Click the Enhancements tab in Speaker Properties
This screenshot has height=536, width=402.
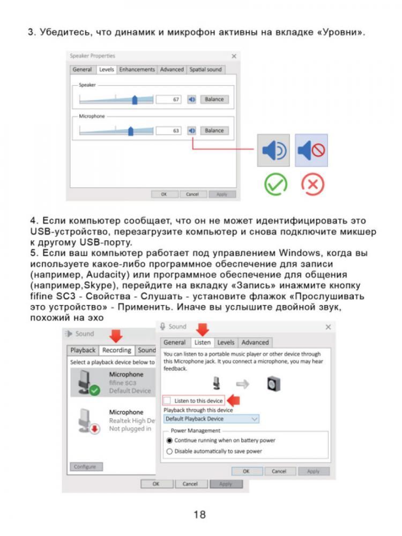click(x=137, y=70)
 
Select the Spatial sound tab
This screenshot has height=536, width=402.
click(x=206, y=70)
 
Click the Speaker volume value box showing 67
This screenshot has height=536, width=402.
click(x=169, y=100)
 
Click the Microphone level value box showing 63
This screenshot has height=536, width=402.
click(x=169, y=131)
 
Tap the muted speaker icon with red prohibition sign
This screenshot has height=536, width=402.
click(x=311, y=151)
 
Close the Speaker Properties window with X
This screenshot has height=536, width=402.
click(x=234, y=56)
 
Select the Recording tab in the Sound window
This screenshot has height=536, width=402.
click(x=117, y=351)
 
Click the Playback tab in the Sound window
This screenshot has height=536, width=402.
click(x=83, y=351)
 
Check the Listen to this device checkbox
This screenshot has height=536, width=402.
click(x=168, y=400)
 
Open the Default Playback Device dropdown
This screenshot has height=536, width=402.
click(x=211, y=419)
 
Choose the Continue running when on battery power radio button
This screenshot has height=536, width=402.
click(x=170, y=440)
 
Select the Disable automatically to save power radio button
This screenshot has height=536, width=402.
click(x=170, y=451)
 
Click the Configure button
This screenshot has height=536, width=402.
click(x=85, y=467)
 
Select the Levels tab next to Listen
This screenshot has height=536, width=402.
click(x=226, y=343)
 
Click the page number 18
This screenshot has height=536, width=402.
click(x=199, y=515)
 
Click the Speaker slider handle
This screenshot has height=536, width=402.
click(x=135, y=100)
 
